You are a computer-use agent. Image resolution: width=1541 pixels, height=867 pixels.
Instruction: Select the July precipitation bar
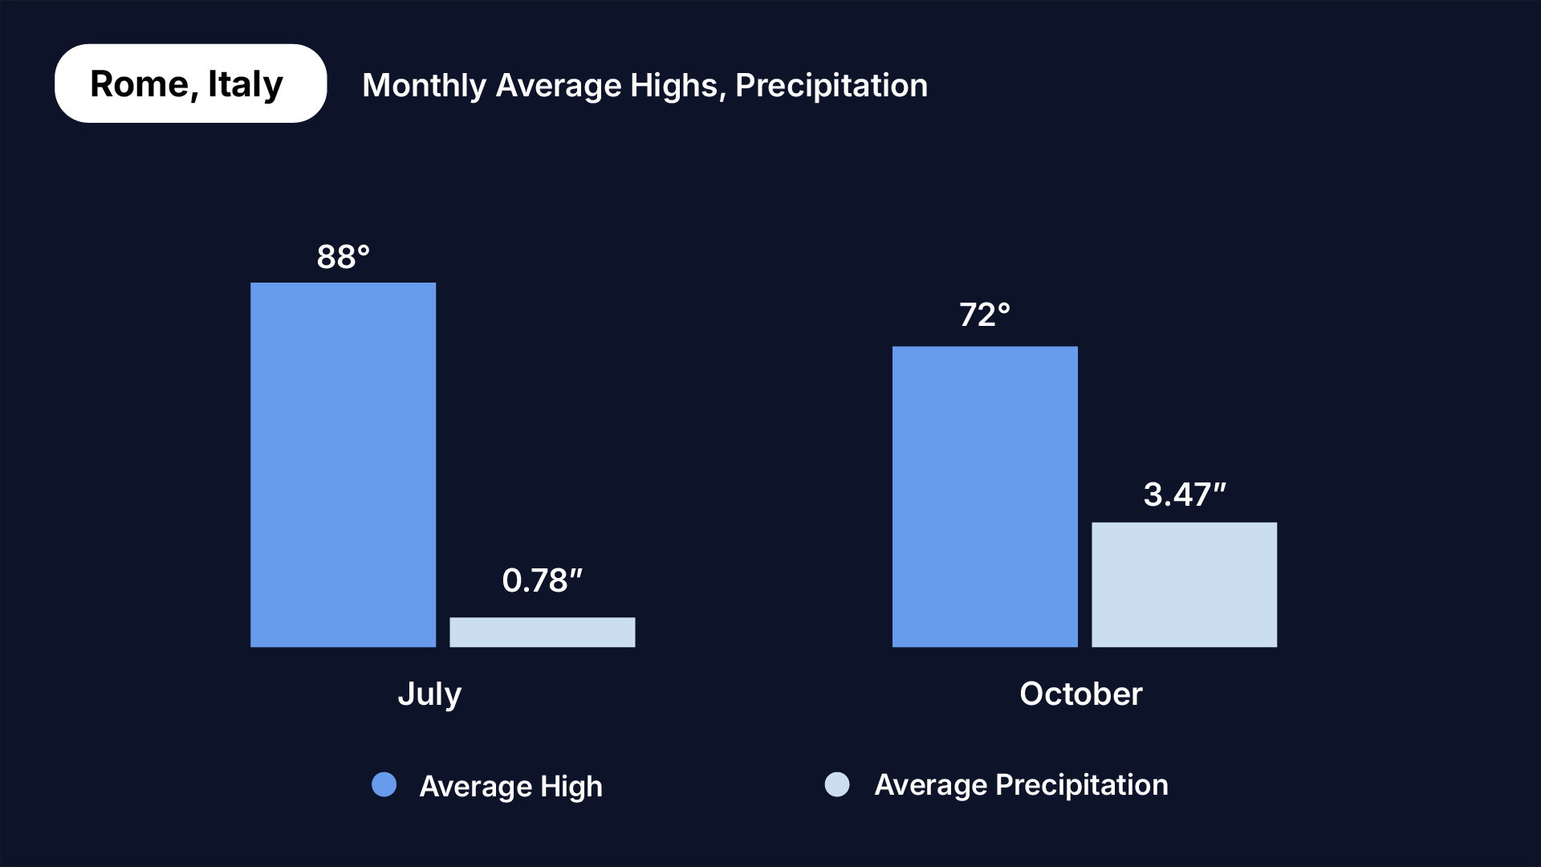point(542,632)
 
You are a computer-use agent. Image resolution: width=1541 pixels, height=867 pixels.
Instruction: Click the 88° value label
point(343,257)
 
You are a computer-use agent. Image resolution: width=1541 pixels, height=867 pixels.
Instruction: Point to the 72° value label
point(985,315)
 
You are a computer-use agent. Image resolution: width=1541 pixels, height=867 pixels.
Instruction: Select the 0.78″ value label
point(542,580)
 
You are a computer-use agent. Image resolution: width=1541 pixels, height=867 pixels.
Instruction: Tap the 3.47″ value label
point(1185,495)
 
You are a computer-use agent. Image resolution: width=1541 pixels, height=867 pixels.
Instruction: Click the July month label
point(429,694)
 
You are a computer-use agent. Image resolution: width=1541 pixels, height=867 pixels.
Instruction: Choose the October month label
point(1080,694)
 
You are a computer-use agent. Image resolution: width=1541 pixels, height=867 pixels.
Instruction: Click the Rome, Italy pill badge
point(190,83)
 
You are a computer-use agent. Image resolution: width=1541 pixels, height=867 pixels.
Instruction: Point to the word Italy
point(245,83)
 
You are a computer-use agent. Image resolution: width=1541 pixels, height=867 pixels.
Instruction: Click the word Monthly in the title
point(424,86)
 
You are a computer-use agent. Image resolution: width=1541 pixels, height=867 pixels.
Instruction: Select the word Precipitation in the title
point(831,86)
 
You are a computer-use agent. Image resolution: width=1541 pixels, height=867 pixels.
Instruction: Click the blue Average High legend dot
point(384,784)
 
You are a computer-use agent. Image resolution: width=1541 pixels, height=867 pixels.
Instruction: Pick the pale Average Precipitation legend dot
point(837,784)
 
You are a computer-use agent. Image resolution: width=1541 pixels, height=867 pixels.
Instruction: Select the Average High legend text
point(510,786)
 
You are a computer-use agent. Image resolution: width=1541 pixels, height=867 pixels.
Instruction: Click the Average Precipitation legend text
point(1021,784)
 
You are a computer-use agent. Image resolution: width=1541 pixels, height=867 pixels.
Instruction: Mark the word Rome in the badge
point(139,83)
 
